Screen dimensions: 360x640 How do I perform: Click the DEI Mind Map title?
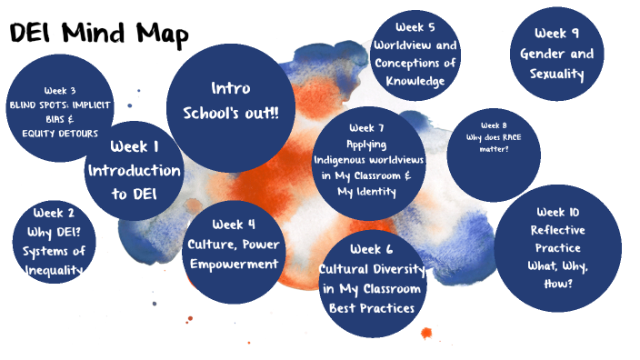tap(99, 35)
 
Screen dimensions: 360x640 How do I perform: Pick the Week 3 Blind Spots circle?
tap(60, 109)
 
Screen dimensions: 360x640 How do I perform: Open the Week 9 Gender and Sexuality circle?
tap(557, 54)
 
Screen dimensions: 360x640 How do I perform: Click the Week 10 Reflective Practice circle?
tap(557, 247)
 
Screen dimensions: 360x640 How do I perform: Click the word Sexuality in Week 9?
tap(557, 74)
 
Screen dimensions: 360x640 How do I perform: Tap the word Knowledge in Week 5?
tap(414, 82)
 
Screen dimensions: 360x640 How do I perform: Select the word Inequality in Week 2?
tap(55, 269)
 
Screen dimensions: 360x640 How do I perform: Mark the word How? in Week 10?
tap(557, 283)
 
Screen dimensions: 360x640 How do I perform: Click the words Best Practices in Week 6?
tap(372, 307)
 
